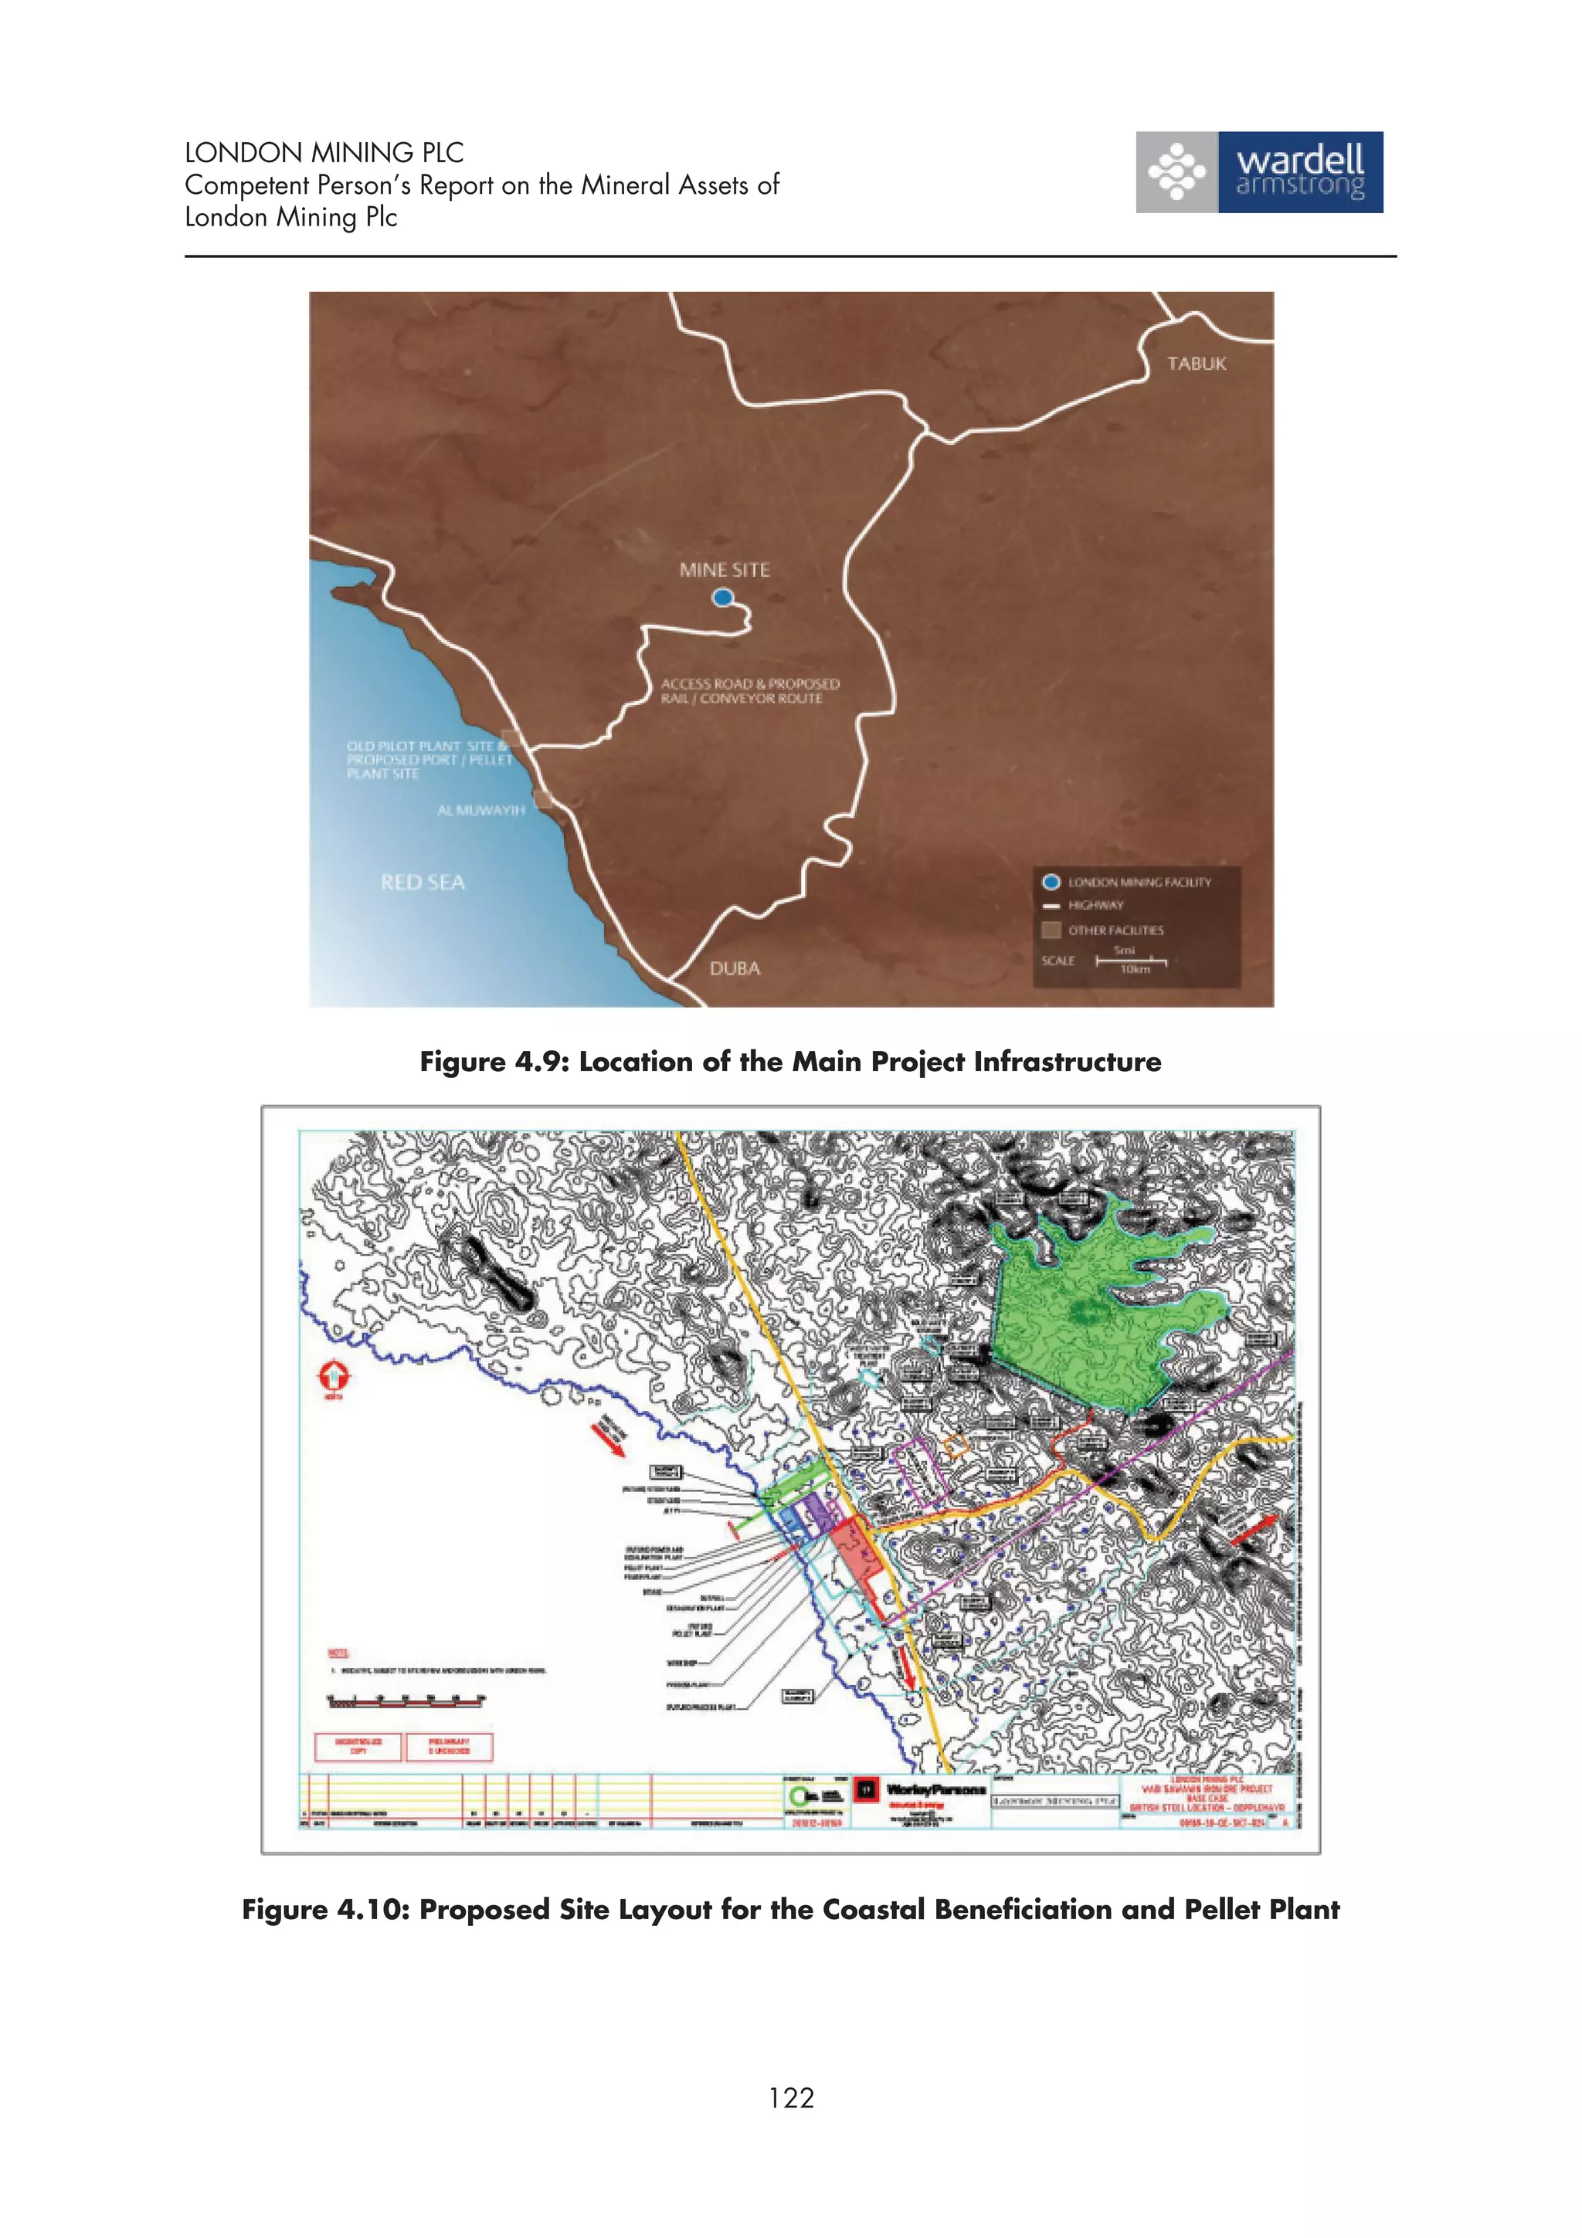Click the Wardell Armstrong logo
1258,172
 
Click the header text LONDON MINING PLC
324,153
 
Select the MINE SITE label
725,570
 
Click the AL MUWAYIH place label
480,810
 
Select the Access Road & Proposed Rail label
749,691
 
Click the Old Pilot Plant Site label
429,759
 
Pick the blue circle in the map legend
1051,882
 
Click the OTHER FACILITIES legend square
1051,930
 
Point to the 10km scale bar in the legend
1131,962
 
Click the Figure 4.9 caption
790,1062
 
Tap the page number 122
790,2097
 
